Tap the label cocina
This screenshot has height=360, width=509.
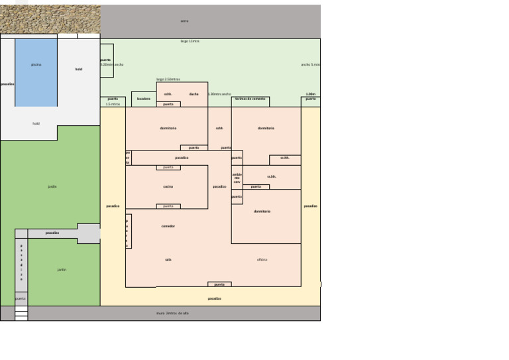(x=168, y=187)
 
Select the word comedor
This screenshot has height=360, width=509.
(x=168, y=226)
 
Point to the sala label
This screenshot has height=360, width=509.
(x=168, y=260)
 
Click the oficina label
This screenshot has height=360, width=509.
(x=262, y=260)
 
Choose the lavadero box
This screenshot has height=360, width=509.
(x=144, y=99)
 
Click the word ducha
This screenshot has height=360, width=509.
(x=194, y=94)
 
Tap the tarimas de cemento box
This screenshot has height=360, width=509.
(x=250, y=99)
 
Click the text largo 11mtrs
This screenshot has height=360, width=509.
(x=190, y=41)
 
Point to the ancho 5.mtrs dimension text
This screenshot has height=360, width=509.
(x=310, y=65)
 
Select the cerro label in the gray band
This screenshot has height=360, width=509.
(x=185, y=21)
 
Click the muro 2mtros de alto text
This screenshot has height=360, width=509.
(x=172, y=313)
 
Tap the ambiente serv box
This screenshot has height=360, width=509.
(x=237, y=178)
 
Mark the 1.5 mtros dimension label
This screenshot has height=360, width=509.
(x=113, y=104)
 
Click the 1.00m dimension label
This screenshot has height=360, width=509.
(x=311, y=94)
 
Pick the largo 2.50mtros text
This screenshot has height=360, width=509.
(x=168, y=80)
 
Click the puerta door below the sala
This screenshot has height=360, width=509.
(x=219, y=284)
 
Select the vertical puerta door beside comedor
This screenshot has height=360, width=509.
(x=128, y=231)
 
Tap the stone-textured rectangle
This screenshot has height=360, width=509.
(x=50, y=19)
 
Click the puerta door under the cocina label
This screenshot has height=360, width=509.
(x=168, y=206)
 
